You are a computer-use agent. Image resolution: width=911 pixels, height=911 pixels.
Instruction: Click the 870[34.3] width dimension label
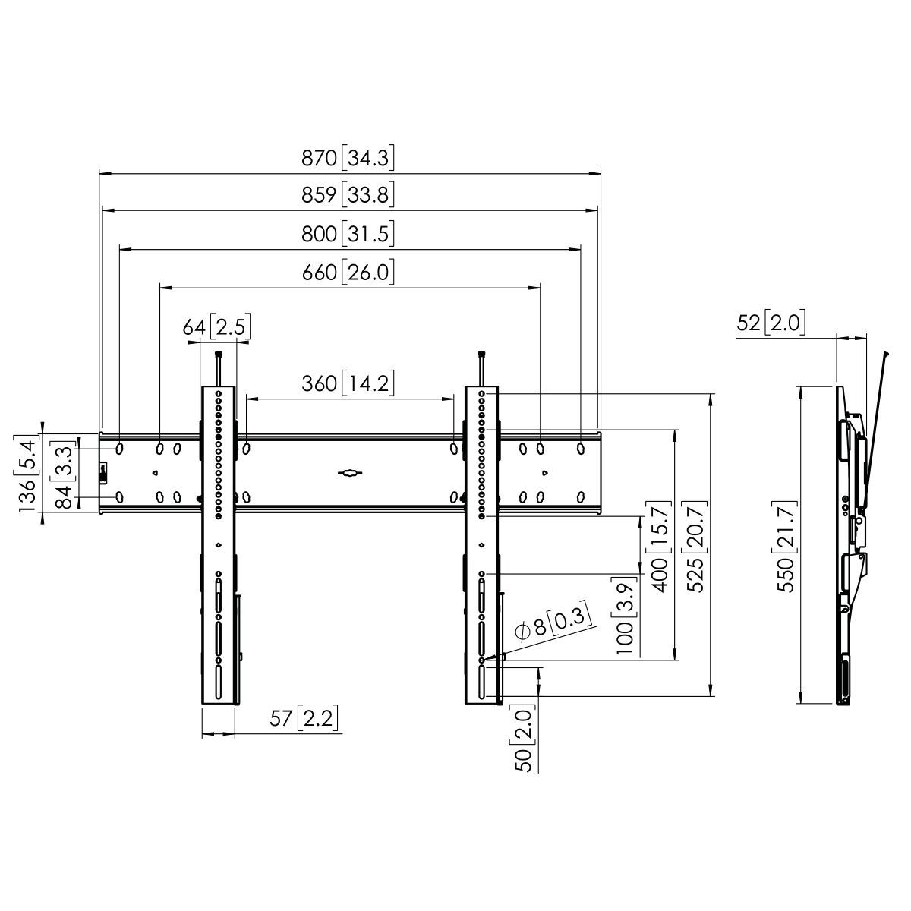348,159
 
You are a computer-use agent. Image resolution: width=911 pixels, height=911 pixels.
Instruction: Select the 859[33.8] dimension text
348,196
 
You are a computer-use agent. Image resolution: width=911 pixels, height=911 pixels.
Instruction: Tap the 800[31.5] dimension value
348,234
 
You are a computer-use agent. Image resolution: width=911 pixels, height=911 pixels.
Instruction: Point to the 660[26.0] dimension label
348,272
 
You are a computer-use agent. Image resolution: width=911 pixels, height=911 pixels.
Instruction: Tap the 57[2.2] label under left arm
304,718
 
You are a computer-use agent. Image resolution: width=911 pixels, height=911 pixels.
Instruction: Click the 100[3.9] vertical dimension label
625,617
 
